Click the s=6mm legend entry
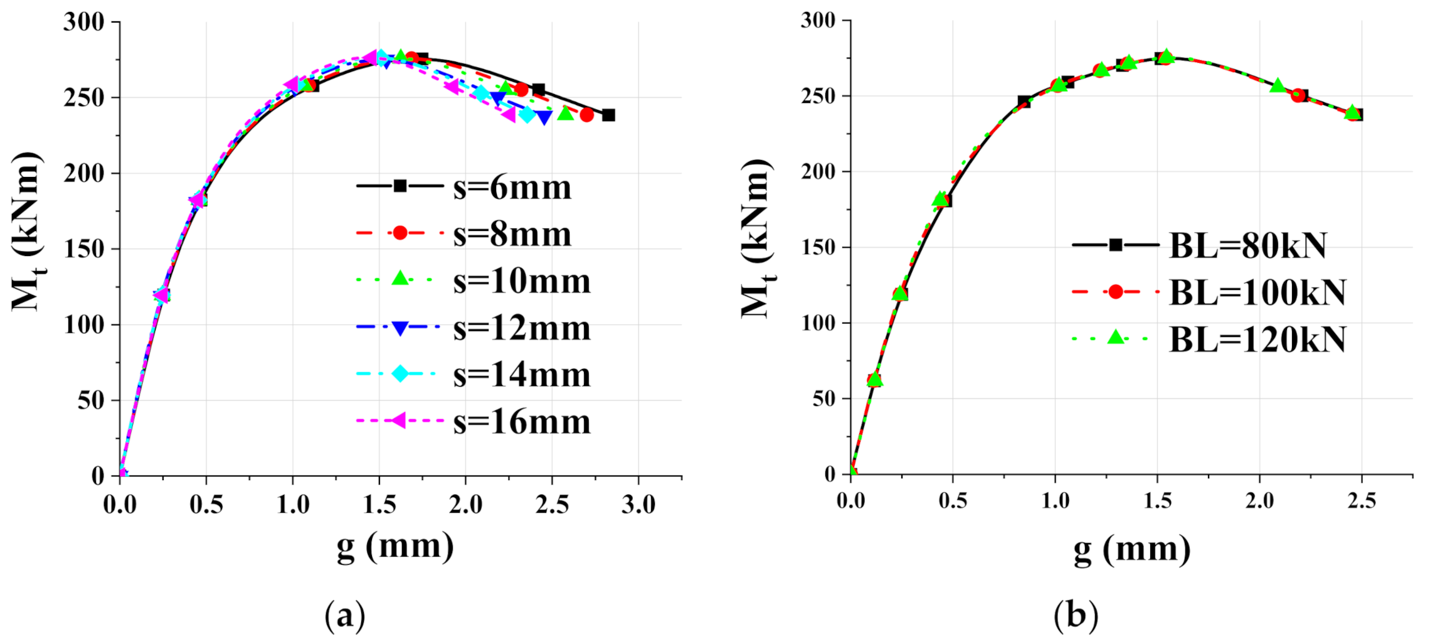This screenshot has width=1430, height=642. [x=464, y=187]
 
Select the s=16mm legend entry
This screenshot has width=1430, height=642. [x=474, y=421]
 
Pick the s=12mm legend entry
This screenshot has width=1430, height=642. [x=474, y=328]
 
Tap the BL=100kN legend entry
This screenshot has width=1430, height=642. [x=1210, y=292]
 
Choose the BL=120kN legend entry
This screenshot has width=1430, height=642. [x=1210, y=340]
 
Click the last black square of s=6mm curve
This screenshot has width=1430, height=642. [x=608, y=115]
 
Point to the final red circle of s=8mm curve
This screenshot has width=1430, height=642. [x=586, y=115]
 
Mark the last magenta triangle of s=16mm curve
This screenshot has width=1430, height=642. [x=508, y=114]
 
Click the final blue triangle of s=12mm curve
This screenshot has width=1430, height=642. [x=544, y=117]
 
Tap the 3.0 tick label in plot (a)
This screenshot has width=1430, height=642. [x=638, y=505]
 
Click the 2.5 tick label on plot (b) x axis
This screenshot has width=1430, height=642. [x=1361, y=501]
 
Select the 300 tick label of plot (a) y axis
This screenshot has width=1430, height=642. [x=83, y=22]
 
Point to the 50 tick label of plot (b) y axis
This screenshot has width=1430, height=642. [x=824, y=399]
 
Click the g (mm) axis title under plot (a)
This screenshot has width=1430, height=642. [x=395, y=546]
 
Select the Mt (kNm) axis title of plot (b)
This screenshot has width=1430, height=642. [x=758, y=238]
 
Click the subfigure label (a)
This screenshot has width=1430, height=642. [x=344, y=616]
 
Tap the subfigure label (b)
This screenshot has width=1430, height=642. [x=1076, y=616]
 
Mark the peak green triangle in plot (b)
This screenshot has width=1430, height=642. [x=1166, y=56]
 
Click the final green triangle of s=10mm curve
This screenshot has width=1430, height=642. [x=565, y=114]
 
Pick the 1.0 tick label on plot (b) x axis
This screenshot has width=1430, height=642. [x=1055, y=501]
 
